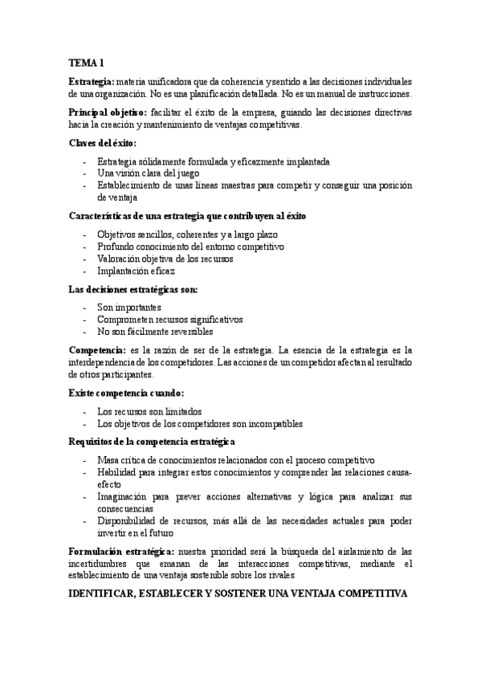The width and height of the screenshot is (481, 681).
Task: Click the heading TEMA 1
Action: (86, 63)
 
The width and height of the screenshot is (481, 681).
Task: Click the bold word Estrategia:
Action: (92, 82)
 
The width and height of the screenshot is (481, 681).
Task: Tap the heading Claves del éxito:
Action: (103, 143)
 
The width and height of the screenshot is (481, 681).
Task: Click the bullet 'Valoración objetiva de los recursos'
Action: (165, 259)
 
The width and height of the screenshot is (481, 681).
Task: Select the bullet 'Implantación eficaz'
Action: (136, 271)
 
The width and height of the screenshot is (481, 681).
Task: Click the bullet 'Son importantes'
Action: (129, 307)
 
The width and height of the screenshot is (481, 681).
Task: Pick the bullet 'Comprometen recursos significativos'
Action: (169, 319)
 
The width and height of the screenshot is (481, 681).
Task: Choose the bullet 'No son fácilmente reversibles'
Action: (156, 331)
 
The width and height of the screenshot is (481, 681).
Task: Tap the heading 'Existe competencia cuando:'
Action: (127, 393)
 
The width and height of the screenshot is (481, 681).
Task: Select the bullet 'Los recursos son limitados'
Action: (149, 411)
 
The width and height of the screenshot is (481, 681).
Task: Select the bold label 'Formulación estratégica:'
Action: (120, 551)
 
